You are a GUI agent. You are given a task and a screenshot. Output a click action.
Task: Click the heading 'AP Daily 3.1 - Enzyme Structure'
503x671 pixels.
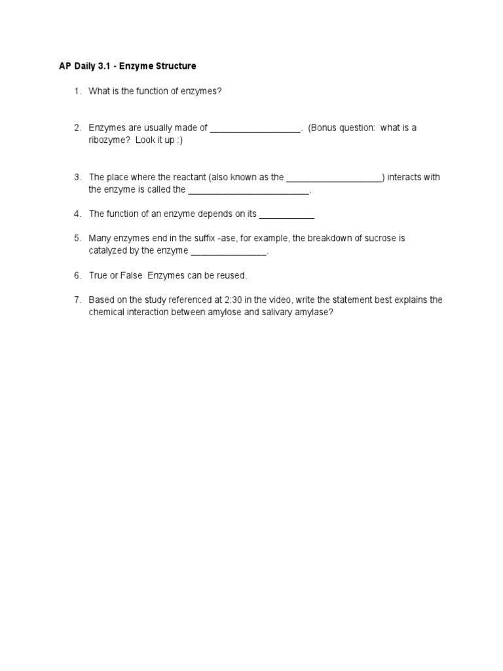point(126,66)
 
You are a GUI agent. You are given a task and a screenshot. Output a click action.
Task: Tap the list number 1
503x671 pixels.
point(77,91)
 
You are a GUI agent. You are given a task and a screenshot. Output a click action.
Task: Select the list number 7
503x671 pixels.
point(77,300)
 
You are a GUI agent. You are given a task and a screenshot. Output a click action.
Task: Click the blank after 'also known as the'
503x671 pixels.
point(334,178)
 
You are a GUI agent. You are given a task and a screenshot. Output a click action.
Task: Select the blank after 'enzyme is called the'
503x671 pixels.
point(248,190)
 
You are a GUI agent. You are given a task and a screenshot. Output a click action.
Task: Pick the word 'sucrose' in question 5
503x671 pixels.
point(373,239)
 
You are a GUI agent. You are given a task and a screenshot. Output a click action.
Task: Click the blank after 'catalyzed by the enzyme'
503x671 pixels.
point(229,251)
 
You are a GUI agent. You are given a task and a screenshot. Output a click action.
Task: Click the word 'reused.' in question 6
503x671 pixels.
point(233,276)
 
